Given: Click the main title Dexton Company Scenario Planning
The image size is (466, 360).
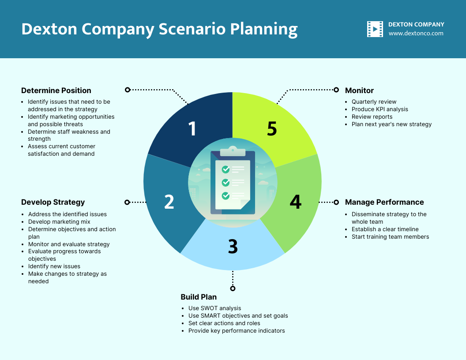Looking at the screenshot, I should click(159, 29).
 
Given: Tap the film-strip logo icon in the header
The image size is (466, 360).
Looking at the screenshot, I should click(375, 29).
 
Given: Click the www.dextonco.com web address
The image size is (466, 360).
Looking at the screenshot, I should click(416, 34).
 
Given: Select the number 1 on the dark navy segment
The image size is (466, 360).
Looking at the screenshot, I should click(192, 129).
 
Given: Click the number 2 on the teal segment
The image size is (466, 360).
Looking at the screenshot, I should click(169, 202).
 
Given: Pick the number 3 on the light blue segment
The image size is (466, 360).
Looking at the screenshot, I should click(233, 247).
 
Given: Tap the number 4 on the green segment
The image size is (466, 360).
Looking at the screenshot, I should click(295, 202).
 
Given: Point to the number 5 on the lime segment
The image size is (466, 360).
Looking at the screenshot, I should click(272, 129).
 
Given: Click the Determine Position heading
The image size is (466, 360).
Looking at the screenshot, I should click(56, 90).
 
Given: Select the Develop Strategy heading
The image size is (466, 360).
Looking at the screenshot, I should click(53, 202).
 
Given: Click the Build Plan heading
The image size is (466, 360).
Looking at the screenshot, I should click(199, 297).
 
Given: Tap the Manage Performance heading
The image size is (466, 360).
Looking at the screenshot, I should click(384, 202).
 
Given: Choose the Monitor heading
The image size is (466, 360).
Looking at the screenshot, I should click(359, 90).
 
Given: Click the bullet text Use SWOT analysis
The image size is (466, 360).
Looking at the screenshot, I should click(214, 308).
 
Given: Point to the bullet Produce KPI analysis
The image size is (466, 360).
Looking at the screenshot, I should click(380, 109).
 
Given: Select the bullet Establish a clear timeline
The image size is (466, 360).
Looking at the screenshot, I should click(385, 229).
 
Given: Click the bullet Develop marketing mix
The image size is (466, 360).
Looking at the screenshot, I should click(59, 222).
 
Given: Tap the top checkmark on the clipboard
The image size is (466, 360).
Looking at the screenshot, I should click(225, 169).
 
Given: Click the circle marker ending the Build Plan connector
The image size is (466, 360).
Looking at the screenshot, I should click(233, 289).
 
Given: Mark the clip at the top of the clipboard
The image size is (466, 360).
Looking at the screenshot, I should click(233, 150).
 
